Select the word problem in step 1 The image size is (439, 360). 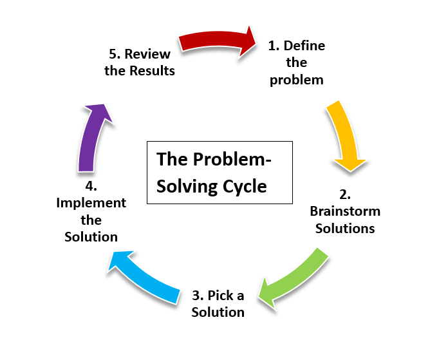[296, 81]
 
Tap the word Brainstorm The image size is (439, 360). [345, 211]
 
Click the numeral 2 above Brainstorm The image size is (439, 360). [344, 194]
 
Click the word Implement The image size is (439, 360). [91, 203]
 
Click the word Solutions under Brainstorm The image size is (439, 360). [345, 228]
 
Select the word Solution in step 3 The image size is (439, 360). [219, 312]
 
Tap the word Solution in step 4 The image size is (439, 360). [91, 236]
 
